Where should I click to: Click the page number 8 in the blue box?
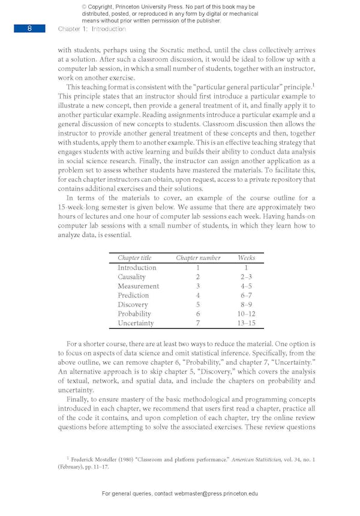click(x=29, y=28)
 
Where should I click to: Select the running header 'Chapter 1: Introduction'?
click(x=92, y=29)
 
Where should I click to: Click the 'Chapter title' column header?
click(x=134, y=257)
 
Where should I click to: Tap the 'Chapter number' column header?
click(x=198, y=257)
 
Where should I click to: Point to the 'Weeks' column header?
click(x=246, y=257)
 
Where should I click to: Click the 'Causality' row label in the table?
click(x=131, y=277)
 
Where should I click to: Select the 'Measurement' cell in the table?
click(x=138, y=286)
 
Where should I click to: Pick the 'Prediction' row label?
click(x=133, y=295)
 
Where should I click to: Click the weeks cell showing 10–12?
click(x=246, y=314)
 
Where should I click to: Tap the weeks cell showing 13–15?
click(x=246, y=323)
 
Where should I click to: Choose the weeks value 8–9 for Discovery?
click(x=246, y=305)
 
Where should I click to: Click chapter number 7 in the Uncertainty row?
click(x=197, y=323)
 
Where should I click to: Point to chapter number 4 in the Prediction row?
click(x=197, y=295)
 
